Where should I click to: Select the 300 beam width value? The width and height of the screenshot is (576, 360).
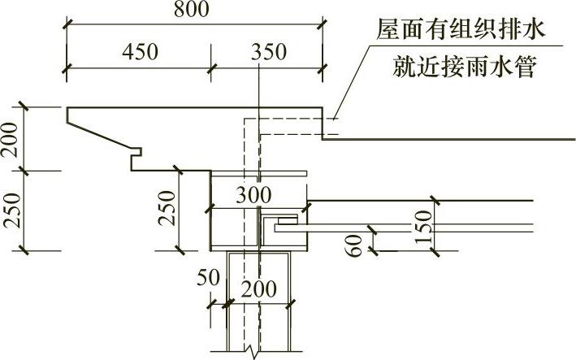253,194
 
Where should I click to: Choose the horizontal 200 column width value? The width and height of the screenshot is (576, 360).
258,288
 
